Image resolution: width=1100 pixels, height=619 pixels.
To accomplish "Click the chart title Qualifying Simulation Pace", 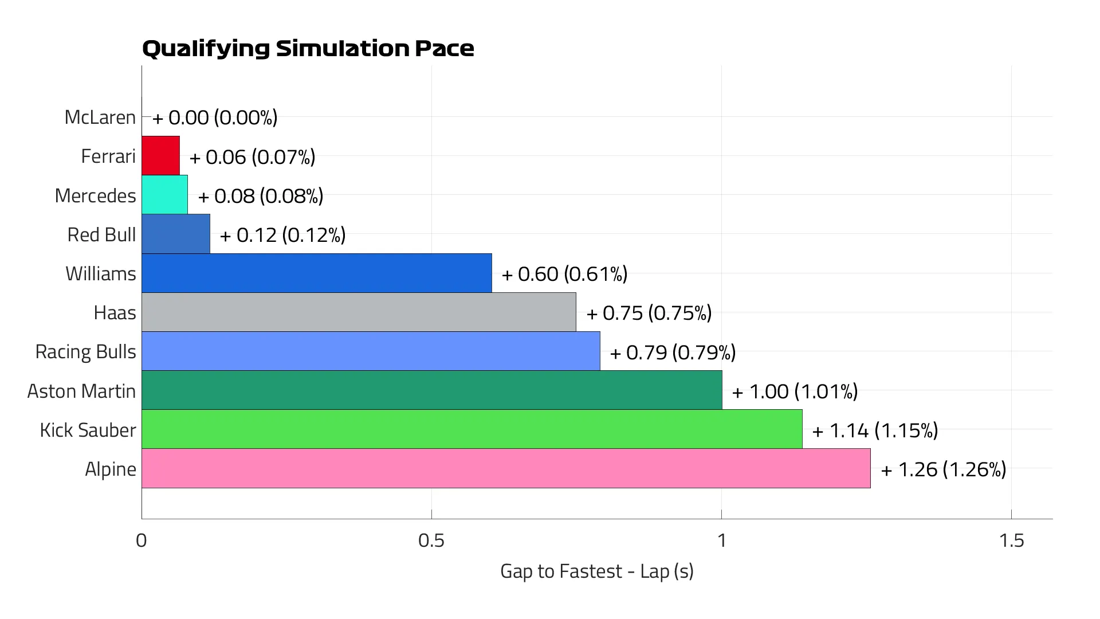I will pyautogui.click(x=308, y=49).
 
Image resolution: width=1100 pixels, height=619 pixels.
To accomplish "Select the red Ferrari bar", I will pyautogui.click(x=160, y=156).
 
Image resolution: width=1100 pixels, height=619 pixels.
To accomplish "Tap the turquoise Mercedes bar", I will pyautogui.click(x=164, y=195).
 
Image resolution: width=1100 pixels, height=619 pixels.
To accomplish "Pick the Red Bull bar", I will pyautogui.click(x=175, y=234).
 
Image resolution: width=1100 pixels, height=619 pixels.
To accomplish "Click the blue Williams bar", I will pyautogui.click(x=316, y=273).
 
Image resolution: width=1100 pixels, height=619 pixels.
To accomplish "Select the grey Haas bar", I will pyautogui.click(x=359, y=312).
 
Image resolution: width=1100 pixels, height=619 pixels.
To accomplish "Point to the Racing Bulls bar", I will pyautogui.click(x=371, y=351).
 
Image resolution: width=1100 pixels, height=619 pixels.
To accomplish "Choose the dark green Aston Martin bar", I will pyautogui.click(x=431, y=390).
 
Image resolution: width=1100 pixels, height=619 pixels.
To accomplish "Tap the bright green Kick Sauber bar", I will pyautogui.click(x=472, y=429).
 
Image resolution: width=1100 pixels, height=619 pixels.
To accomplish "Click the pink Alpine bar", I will pyautogui.click(x=506, y=468).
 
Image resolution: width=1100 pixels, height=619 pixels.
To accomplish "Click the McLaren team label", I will pyautogui.click(x=100, y=117).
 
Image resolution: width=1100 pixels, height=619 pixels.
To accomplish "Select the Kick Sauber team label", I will pyautogui.click(x=88, y=430).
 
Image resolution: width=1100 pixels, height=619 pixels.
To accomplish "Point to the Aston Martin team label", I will pyautogui.click(x=81, y=391).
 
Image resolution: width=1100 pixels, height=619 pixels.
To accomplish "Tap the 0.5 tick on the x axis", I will pyautogui.click(x=431, y=540).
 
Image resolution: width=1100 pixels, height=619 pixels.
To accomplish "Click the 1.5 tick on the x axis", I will pyautogui.click(x=1011, y=540).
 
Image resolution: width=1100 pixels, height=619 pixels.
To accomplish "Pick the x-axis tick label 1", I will pyautogui.click(x=721, y=540).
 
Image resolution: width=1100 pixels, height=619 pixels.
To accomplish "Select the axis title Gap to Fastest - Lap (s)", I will pyautogui.click(x=596, y=571).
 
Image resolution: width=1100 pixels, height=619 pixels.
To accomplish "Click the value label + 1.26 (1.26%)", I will pyautogui.click(x=943, y=469).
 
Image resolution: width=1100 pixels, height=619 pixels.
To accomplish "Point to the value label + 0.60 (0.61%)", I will pyautogui.click(x=564, y=274).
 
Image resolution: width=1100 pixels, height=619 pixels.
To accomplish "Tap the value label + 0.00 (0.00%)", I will pyautogui.click(x=215, y=117).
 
